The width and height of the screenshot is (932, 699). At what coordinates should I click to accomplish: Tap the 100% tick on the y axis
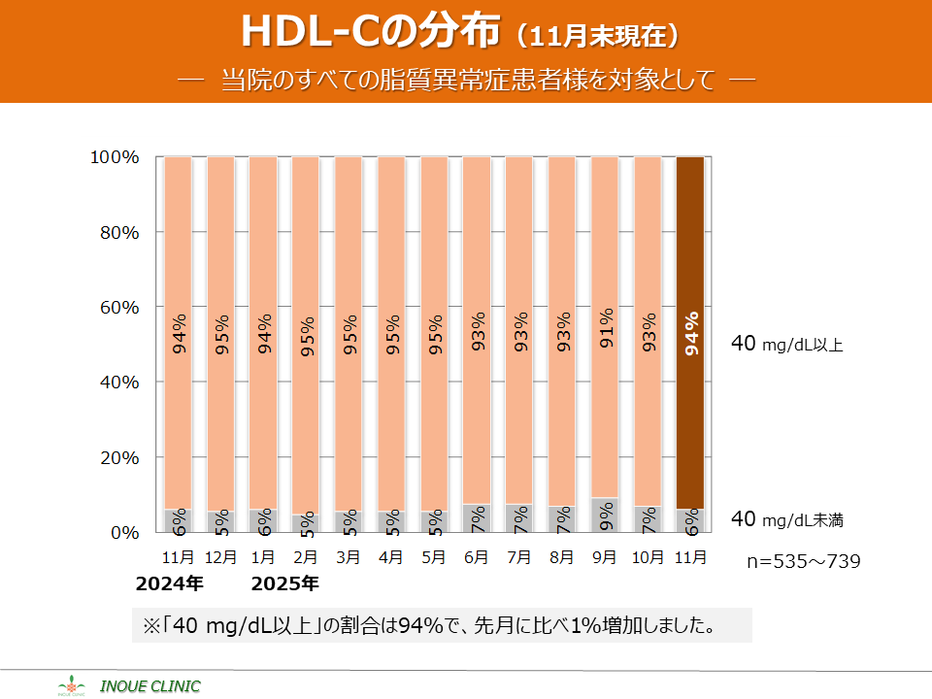[115, 157]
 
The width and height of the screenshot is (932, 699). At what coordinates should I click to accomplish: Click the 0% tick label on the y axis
[123, 533]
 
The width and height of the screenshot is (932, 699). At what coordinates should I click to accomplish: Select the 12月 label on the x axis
[221, 558]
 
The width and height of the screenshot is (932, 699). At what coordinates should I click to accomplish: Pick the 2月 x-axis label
[306, 558]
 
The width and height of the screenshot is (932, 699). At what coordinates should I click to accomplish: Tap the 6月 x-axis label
[477, 558]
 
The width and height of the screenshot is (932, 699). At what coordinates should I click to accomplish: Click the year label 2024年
[170, 584]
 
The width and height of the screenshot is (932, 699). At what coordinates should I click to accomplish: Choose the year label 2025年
[284, 584]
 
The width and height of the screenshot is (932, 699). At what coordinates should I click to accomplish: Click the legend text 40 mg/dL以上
[786, 344]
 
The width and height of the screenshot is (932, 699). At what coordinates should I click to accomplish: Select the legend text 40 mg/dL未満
[786, 520]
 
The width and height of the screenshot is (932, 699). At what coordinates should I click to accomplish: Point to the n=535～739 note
[803, 561]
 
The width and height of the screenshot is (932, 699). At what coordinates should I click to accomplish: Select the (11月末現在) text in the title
[597, 36]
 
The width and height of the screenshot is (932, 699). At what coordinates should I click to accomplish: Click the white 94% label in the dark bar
[691, 334]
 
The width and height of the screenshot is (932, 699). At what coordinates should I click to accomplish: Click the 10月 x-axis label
[648, 558]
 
